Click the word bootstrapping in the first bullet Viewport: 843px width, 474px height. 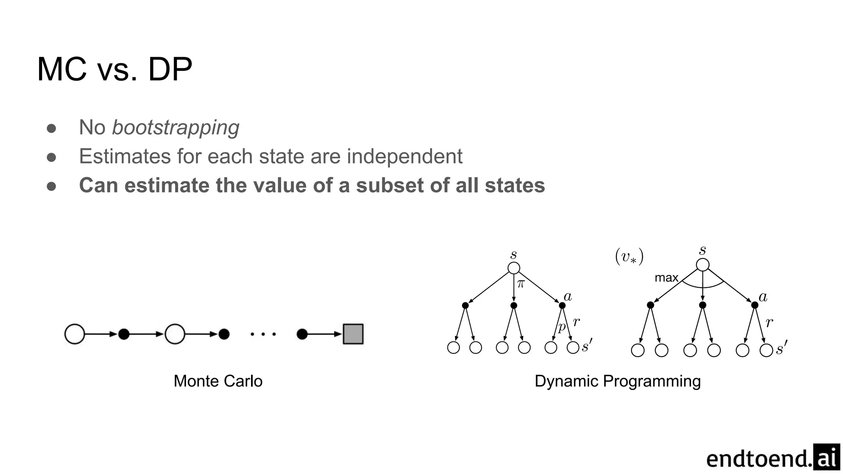(x=176, y=128)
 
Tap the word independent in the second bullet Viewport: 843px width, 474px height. (x=405, y=157)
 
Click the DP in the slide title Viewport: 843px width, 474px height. (x=170, y=69)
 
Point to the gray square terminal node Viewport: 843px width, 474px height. (x=353, y=334)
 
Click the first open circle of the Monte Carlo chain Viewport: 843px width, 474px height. (x=75, y=334)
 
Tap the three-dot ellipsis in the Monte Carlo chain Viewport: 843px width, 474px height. (x=263, y=334)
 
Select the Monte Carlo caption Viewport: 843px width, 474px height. (x=218, y=381)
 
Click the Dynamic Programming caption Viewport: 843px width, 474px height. (x=617, y=381)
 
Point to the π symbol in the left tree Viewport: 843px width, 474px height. (x=521, y=283)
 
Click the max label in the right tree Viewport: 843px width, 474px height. (x=666, y=278)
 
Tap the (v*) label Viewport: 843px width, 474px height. (x=629, y=257)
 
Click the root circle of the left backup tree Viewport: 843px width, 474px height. (x=514, y=268)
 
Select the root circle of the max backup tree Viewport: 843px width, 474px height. (x=703, y=265)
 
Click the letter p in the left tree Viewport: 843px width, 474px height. (x=561, y=327)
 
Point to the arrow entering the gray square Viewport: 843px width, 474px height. (x=325, y=334)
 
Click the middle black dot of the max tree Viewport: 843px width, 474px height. (x=703, y=305)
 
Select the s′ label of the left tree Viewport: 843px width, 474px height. (x=587, y=346)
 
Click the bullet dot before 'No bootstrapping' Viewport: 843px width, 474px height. (x=51, y=128)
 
